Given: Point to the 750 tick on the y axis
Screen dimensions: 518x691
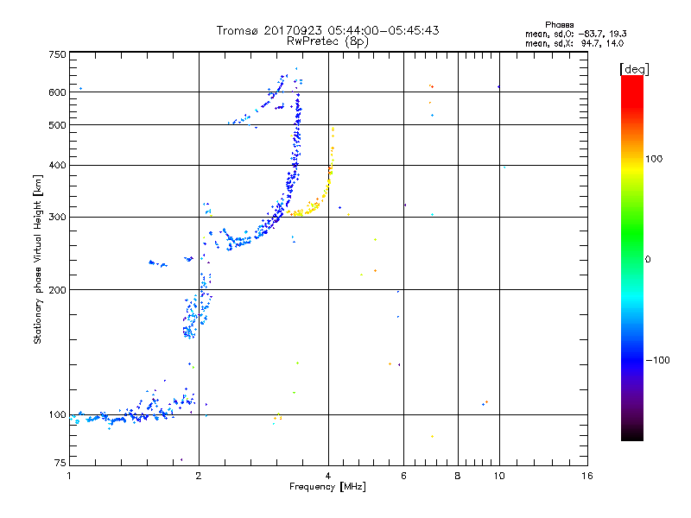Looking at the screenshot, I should pos(57,54).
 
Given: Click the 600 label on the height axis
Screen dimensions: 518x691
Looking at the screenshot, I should pos(57,92).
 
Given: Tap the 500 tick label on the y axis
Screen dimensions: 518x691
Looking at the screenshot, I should pos(57,124).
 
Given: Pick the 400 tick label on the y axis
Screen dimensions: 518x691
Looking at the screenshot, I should pos(57,165).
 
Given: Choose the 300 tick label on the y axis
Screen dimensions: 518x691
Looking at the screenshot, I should pos(57,217).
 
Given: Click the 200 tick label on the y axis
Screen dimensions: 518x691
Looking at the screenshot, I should pos(57,289).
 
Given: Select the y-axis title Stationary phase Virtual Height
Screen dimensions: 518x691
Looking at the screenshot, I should pos(38,259).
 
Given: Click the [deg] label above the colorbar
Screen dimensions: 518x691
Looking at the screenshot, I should pos(635,68).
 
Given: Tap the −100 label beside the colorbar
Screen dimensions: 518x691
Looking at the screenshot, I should pos(660,360).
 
